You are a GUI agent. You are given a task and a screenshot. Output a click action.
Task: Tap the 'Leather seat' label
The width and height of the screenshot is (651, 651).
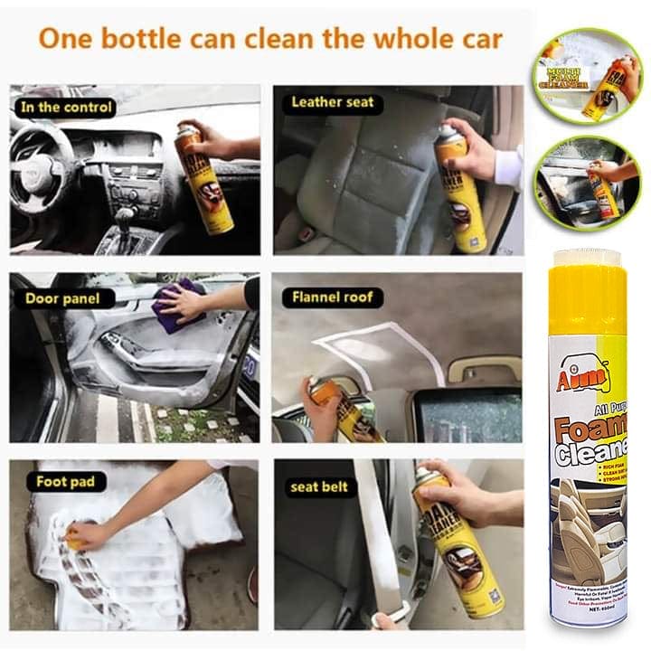332,102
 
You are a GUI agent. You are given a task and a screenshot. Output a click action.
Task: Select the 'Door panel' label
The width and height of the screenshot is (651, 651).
57,298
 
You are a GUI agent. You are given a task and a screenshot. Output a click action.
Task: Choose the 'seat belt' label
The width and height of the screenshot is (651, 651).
318,486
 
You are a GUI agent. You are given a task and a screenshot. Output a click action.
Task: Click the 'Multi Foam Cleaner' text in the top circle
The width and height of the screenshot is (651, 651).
566,77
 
